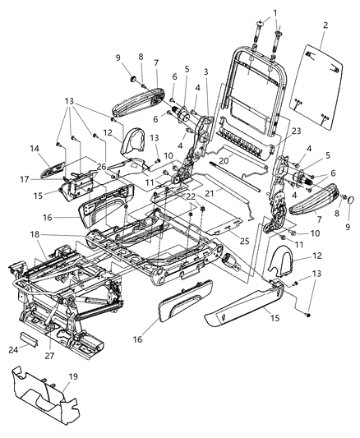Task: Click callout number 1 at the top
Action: coord(275,12)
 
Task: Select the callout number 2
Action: coord(325,26)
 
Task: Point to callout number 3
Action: coord(205,72)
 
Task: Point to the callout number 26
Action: coord(101,168)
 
